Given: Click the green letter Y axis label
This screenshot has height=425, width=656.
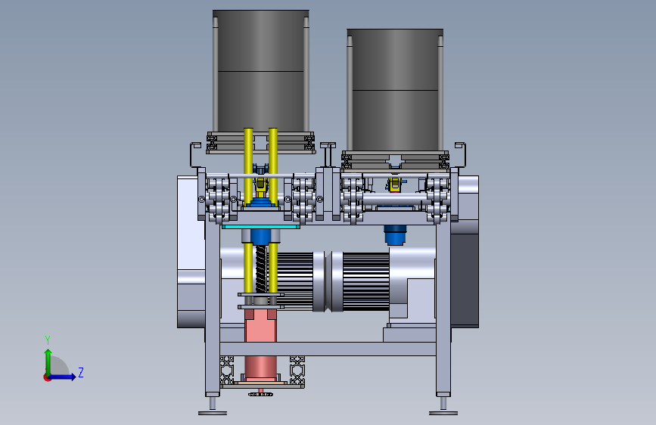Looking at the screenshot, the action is [x=48, y=340].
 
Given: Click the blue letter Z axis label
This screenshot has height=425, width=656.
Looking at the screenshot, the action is [x=81, y=372].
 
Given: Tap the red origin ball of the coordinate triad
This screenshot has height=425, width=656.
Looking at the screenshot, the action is [x=47, y=377].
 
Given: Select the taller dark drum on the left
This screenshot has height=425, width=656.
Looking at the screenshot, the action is [x=261, y=71].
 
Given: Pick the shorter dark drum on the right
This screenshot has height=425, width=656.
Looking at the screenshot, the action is [x=395, y=90].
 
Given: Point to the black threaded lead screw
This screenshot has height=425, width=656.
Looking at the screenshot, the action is [x=260, y=268].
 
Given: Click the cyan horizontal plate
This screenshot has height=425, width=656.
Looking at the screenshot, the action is [x=260, y=227].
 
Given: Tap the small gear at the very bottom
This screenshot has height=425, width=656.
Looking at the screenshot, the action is [x=260, y=394].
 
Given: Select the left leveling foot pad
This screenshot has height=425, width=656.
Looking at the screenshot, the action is [x=213, y=413].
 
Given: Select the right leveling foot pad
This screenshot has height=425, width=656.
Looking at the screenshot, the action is [x=443, y=413].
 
